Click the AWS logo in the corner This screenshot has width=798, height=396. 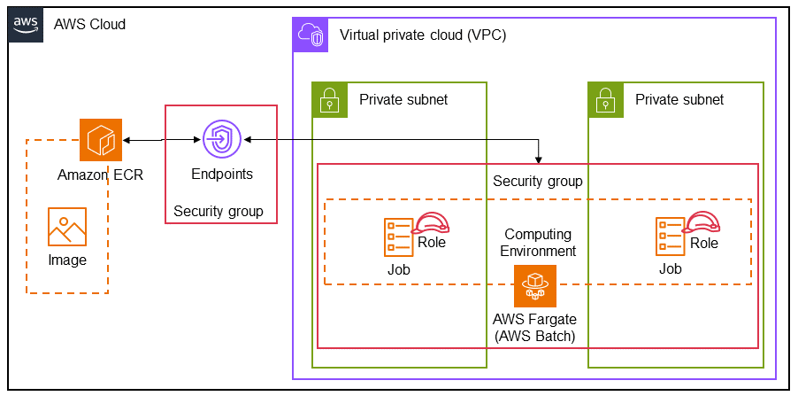[x=25, y=24]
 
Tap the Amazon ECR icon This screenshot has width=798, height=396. [x=100, y=140]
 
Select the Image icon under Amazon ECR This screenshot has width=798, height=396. [x=67, y=227]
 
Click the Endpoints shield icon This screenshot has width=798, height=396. [x=221, y=140]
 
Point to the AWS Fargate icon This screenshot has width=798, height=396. [x=535, y=286]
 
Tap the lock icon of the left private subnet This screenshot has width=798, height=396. [x=330, y=99]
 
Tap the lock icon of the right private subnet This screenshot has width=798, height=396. [x=606, y=99]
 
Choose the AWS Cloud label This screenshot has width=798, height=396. [x=89, y=24]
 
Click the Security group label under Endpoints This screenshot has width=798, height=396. [x=219, y=211]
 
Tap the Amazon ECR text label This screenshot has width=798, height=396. [x=100, y=175]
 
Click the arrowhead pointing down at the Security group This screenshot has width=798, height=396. [x=540, y=159]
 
